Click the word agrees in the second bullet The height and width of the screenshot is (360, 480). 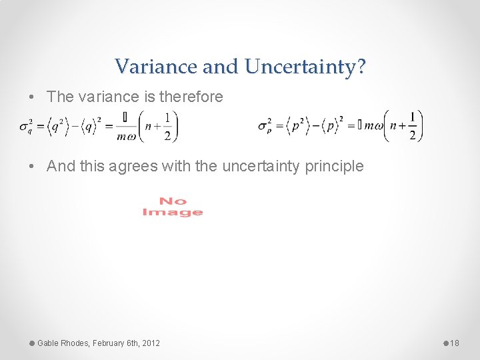coord(134,166)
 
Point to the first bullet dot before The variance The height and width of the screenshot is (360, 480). coord(33,97)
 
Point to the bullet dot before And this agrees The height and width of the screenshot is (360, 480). coord(33,166)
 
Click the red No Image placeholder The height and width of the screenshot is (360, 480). coord(173,207)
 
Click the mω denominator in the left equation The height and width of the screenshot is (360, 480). coord(126,136)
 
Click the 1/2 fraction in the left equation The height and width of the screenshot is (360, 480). coord(167,126)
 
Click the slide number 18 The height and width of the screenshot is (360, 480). coord(455,343)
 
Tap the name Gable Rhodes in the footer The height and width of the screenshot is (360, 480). coord(63,343)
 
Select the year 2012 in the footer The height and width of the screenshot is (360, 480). coord(151,343)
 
